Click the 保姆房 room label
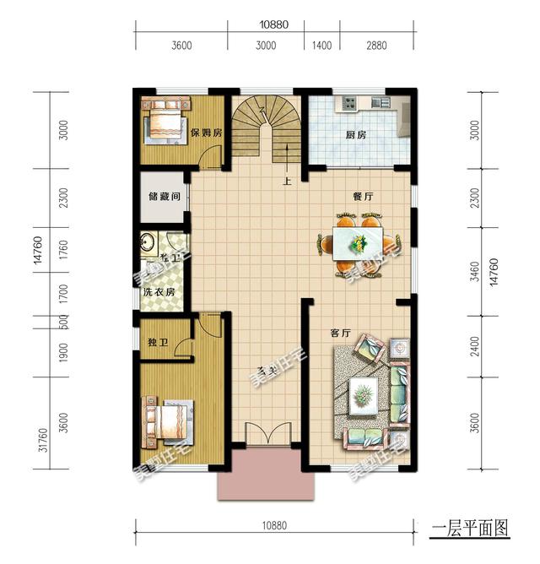(206, 133)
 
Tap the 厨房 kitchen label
(355, 135)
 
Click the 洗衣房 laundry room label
(159, 293)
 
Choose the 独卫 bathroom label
(158, 343)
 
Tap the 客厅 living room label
(340, 333)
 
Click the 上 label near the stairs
(287, 180)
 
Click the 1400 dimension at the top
(321, 46)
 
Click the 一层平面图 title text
(470, 529)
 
